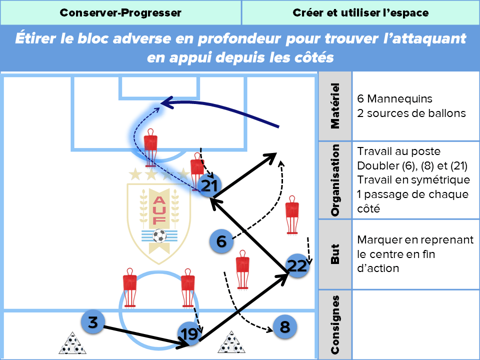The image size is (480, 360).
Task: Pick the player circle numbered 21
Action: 209,186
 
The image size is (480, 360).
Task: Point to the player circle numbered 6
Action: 221,241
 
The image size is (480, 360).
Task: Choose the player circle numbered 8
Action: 284,327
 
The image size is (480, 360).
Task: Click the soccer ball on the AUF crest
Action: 159,235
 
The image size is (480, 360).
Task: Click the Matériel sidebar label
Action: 335,106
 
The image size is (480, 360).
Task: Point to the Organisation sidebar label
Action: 335,180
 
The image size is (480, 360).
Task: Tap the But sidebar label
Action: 335,254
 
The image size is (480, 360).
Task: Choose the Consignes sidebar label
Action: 335,324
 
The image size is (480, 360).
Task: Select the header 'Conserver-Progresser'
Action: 120,13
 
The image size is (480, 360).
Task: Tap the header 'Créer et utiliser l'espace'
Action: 360,13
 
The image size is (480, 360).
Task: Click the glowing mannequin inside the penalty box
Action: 150,145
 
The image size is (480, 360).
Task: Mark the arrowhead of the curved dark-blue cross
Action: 163,103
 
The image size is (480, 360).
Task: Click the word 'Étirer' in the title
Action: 37,39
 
